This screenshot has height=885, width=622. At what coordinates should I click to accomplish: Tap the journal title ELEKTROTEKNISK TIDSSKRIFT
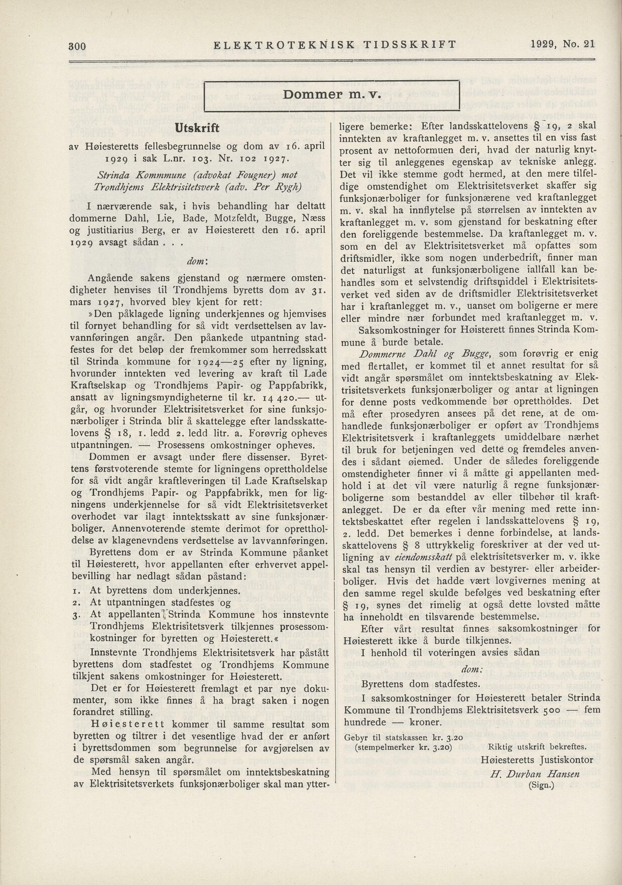click(x=335, y=45)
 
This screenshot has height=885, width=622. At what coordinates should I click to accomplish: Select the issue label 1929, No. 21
click(x=562, y=44)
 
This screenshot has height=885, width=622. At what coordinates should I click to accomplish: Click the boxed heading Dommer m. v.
click(x=333, y=94)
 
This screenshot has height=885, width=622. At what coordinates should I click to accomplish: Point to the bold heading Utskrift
click(x=197, y=128)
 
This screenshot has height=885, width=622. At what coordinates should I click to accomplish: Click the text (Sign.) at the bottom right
click(x=541, y=786)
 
